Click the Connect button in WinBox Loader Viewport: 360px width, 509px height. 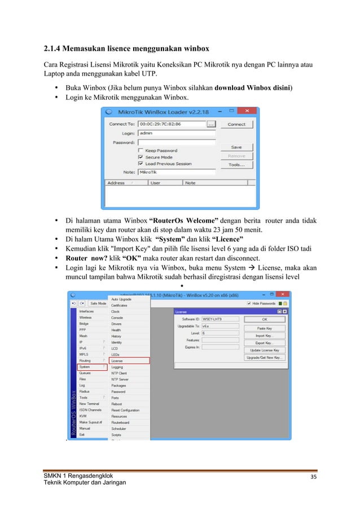click(x=236, y=124)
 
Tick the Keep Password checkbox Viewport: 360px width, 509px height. click(x=141, y=151)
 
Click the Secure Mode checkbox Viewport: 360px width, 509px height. click(x=141, y=157)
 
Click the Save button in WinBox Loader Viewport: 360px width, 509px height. click(x=236, y=147)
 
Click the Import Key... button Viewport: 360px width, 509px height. click(x=265, y=335)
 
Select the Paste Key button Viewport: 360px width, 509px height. click(x=265, y=328)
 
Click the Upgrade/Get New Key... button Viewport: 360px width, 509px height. click(x=265, y=357)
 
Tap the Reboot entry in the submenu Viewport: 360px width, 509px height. click(x=116, y=404)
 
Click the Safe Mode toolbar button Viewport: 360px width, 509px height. click(x=97, y=304)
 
